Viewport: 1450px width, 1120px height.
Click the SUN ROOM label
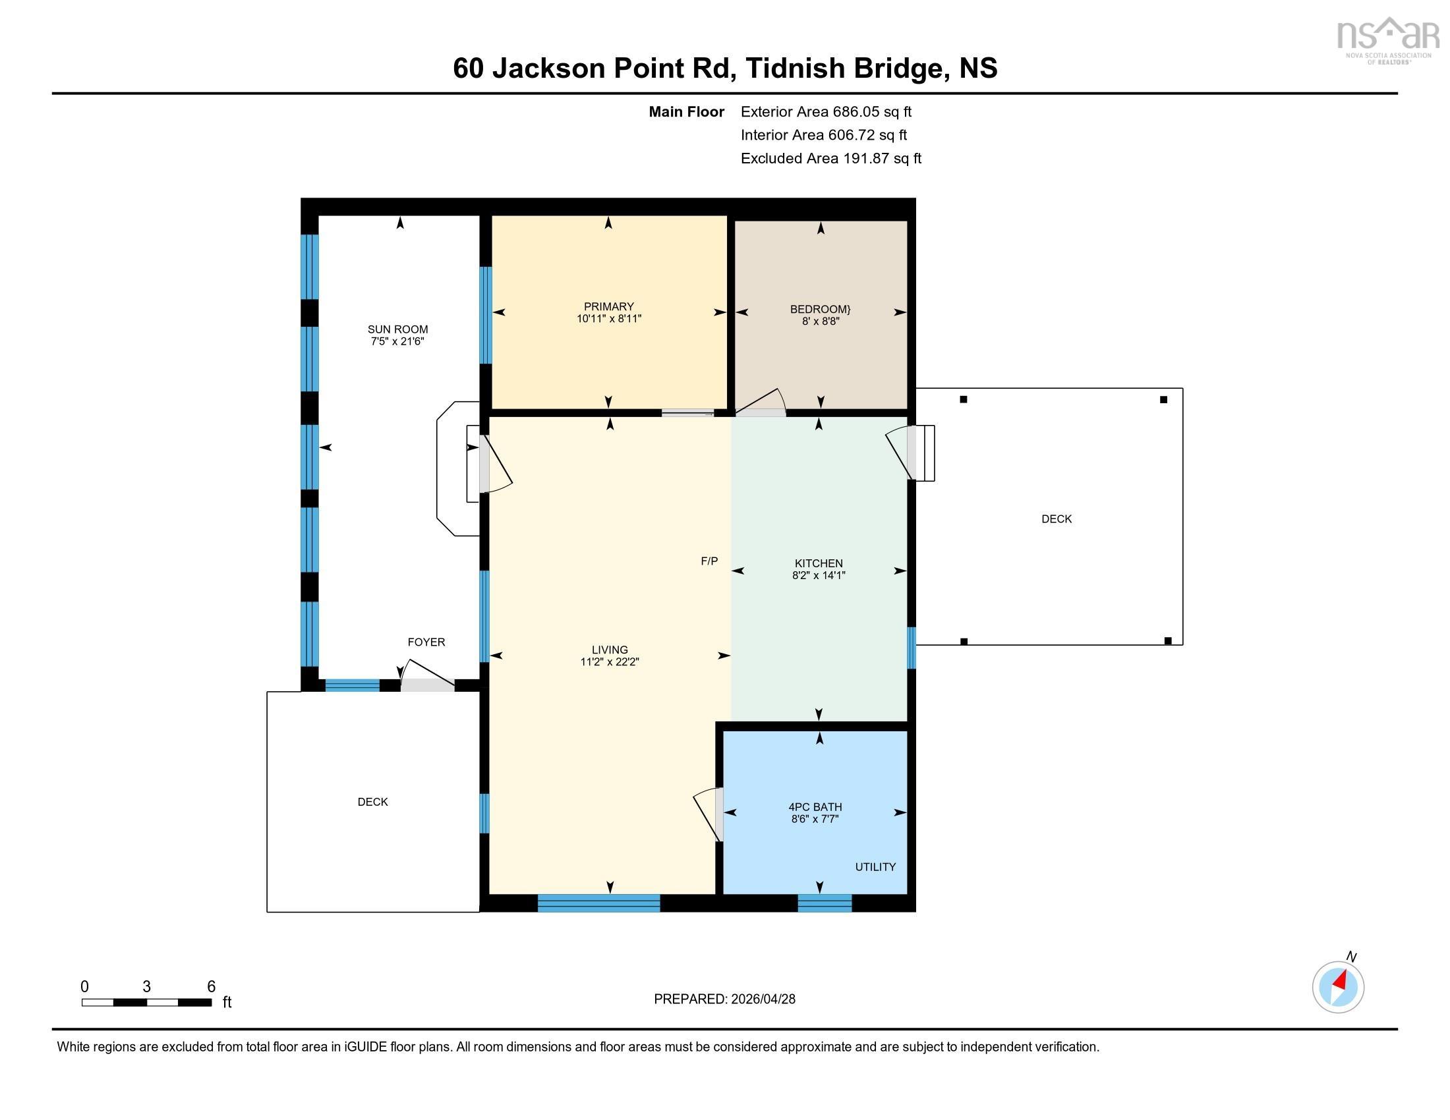[x=397, y=329]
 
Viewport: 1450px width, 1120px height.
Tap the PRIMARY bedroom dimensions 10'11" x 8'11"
[x=608, y=319]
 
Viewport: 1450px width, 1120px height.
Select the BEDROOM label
[x=820, y=309]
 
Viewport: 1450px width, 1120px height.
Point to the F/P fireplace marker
[x=709, y=561]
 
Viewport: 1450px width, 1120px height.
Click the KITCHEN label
[x=818, y=563]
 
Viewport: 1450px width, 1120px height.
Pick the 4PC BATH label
[x=815, y=807]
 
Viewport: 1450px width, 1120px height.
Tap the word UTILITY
[x=875, y=866]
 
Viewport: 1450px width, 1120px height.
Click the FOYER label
[x=426, y=642]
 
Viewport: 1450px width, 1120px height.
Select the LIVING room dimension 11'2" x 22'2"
[x=609, y=661]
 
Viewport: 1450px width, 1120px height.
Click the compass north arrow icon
[x=1338, y=987]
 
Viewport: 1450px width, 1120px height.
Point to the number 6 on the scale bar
[x=211, y=986]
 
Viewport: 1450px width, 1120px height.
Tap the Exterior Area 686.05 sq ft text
[x=825, y=111]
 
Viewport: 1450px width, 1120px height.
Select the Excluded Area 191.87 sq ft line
[x=830, y=158]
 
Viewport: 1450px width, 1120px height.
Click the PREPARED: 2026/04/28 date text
[x=724, y=999]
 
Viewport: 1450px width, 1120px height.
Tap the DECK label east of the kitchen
[x=1056, y=519]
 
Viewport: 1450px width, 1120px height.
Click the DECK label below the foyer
[x=372, y=802]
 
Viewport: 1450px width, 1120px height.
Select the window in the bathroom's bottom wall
[x=824, y=903]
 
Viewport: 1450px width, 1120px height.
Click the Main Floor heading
[x=686, y=111]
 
